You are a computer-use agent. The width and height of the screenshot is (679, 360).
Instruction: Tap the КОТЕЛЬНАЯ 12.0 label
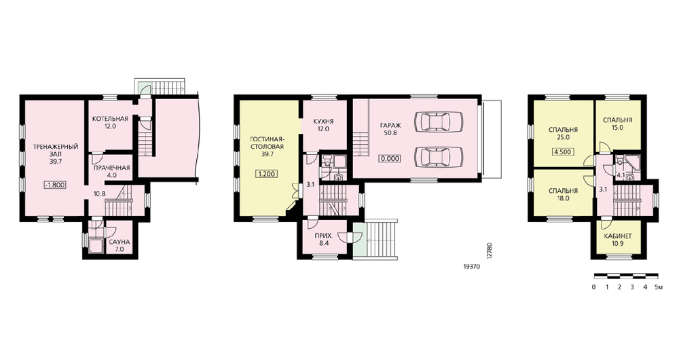click(110, 122)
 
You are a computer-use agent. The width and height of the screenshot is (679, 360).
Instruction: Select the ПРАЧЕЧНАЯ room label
click(112, 172)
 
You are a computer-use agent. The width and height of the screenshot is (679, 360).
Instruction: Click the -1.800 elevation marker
click(55, 185)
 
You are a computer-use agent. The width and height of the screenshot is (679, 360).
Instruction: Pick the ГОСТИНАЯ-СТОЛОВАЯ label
click(268, 143)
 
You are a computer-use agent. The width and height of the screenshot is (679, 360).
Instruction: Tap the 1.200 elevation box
click(267, 174)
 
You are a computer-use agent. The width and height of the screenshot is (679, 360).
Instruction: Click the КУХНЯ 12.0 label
click(323, 125)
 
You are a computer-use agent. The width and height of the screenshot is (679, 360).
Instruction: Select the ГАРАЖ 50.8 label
click(390, 129)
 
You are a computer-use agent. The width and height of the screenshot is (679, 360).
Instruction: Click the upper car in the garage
click(438, 122)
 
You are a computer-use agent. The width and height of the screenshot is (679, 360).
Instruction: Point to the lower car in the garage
click(438, 156)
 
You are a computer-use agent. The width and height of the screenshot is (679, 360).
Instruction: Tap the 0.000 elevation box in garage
click(390, 159)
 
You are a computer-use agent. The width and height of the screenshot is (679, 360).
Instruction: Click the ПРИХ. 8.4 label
click(324, 240)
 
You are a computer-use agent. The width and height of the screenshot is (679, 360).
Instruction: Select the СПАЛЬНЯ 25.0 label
click(563, 133)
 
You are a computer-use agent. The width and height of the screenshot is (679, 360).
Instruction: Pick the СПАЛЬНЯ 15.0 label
click(617, 124)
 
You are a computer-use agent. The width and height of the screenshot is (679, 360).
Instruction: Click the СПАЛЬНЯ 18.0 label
click(563, 194)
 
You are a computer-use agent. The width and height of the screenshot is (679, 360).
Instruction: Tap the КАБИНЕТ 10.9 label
click(618, 240)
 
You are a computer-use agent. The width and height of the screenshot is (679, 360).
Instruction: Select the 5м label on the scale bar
click(659, 287)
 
